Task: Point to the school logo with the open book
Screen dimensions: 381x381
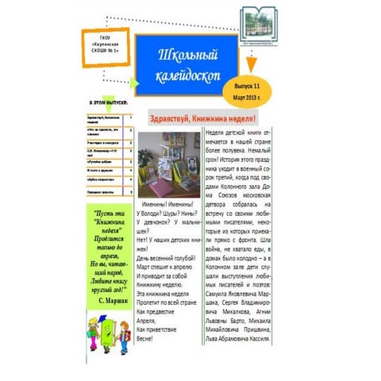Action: [x=260, y=21]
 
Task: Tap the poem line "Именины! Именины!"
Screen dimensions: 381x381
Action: [x=168, y=206]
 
